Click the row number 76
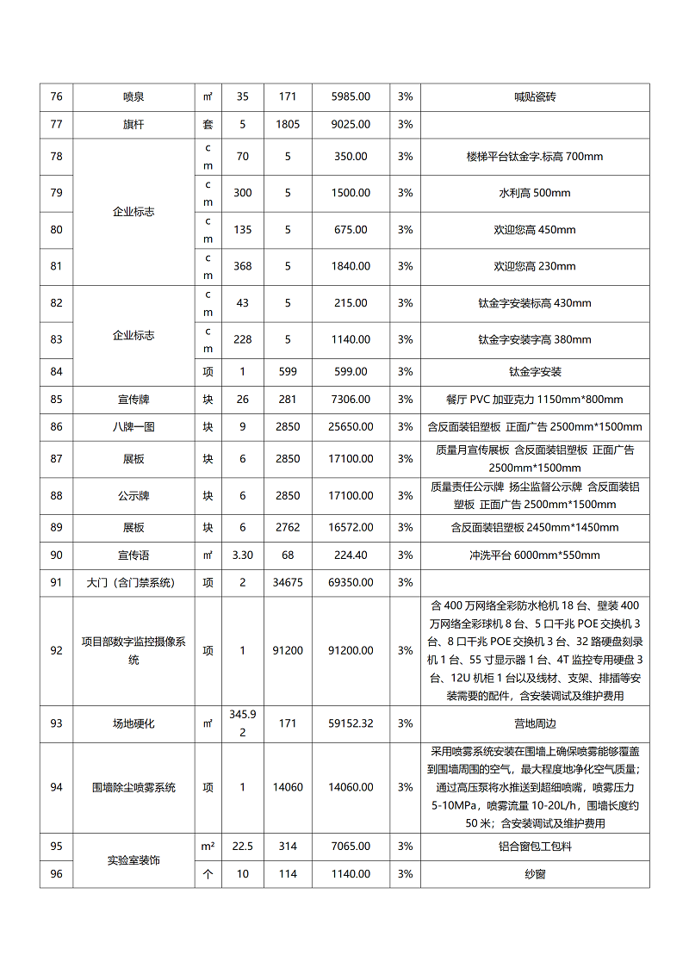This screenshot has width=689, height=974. pyautogui.click(x=56, y=96)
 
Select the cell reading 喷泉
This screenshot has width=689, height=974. pyautogui.click(x=133, y=96)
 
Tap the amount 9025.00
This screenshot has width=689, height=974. pyautogui.click(x=351, y=124)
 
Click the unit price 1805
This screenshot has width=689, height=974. pyautogui.click(x=288, y=124)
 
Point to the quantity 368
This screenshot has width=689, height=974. pyautogui.click(x=243, y=266)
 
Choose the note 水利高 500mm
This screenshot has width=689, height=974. pyautogui.click(x=534, y=193)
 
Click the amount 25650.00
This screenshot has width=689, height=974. pyautogui.click(x=351, y=426)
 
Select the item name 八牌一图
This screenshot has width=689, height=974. pyautogui.click(x=133, y=426)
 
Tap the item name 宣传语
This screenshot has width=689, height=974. pyautogui.click(x=133, y=555)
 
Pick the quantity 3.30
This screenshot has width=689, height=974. pyautogui.click(x=243, y=555)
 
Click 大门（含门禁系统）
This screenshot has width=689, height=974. pyautogui.click(x=133, y=583)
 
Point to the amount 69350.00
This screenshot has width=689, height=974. pyautogui.click(x=351, y=583)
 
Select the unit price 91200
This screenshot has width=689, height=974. pyautogui.click(x=288, y=650)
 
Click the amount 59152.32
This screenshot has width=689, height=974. pyautogui.click(x=351, y=723)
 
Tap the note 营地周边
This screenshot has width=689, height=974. pyautogui.click(x=534, y=723)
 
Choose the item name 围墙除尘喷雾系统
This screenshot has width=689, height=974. pyautogui.click(x=133, y=787)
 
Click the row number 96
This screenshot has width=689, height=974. pyautogui.click(x=56, y=874)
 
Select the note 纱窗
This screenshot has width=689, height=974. pyautogui.click(x=534, y=874)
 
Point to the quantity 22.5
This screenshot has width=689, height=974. pyautogui.click(x=243, y=847)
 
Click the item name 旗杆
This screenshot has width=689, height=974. pyautogui.click(x=133, y=124)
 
